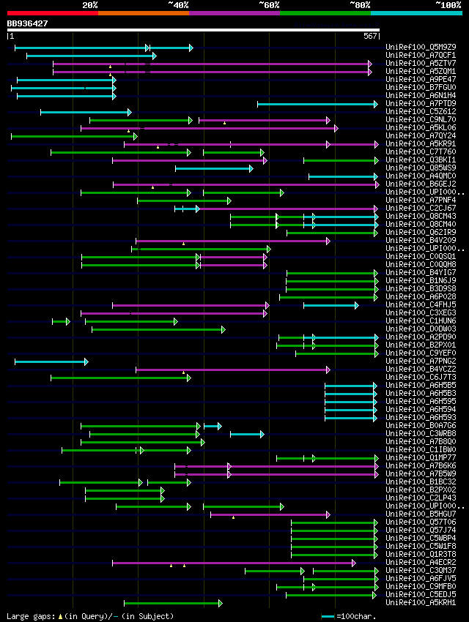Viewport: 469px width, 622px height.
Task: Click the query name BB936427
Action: [x=28, y=23]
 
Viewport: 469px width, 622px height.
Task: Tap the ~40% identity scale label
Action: [x=178, y=4]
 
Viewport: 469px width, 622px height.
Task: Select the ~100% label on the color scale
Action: [x=448, y=4]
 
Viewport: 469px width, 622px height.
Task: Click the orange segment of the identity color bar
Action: [x=143, y=12]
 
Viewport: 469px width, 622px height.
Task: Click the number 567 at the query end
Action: [x=369, y=36]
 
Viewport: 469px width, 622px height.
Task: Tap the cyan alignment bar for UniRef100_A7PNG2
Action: [x=51, y=361]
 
